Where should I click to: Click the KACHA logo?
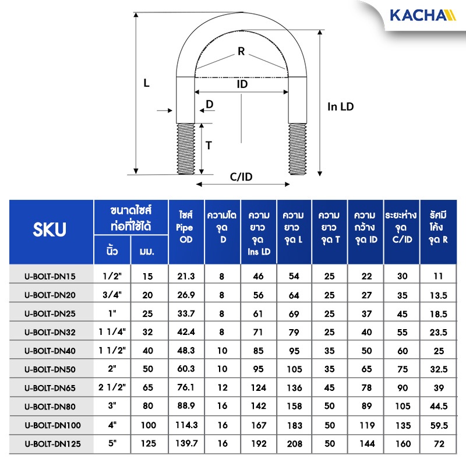423,15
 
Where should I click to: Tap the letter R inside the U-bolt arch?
241,51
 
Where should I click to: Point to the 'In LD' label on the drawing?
341,107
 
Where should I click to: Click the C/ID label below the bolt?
241,177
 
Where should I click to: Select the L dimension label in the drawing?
147,83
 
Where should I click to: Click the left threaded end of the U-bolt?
186,149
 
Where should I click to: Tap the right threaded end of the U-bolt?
298,149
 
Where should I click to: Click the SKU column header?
50,230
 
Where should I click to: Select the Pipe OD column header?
186,227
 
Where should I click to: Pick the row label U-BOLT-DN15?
50,276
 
